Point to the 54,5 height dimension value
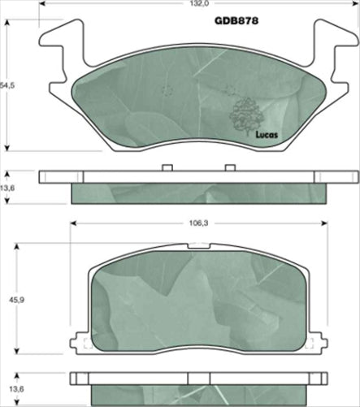point(9,84)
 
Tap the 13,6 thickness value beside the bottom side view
point(9,388)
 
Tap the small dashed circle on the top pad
point(167,91)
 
